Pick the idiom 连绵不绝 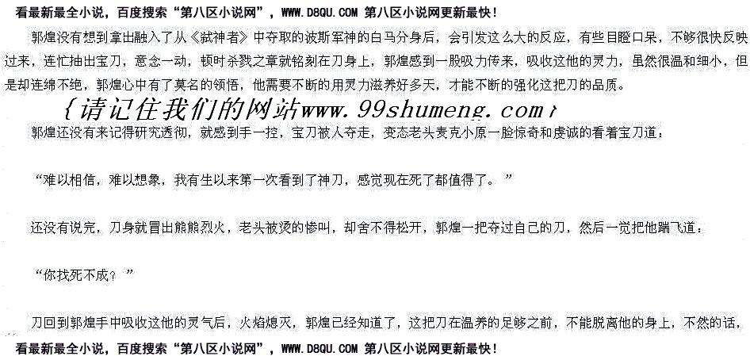pos(56,84)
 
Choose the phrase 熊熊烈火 pos(197,228)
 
